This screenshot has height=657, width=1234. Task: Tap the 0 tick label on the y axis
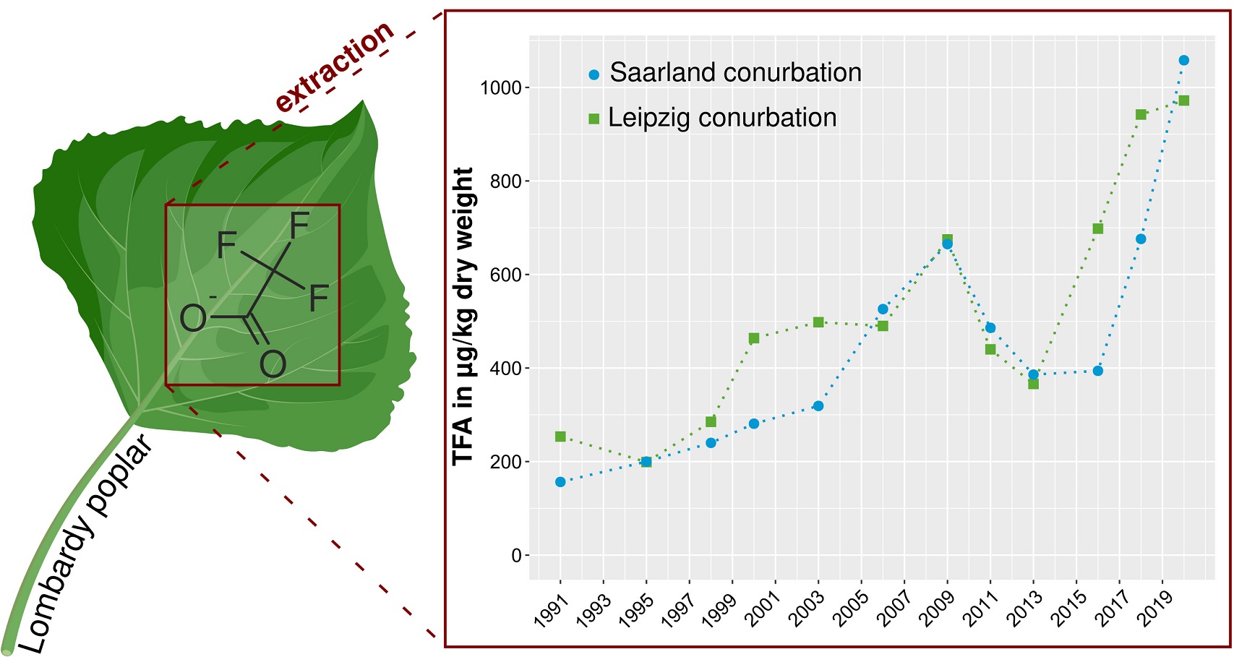click(x=516, y=556)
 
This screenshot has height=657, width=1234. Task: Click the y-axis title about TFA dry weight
click(x=463, y=317)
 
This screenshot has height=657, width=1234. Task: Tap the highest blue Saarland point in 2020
click(x=1183, y=61)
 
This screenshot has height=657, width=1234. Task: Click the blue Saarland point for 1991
click(x=560, y=482)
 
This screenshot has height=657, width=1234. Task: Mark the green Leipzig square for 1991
click(x=560, y=437)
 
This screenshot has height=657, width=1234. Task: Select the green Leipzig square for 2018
click(x=1141, y=115)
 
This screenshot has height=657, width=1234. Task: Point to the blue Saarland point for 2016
click(x=1098, y=371)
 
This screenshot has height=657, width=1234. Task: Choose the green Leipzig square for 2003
click(x=818, y=322)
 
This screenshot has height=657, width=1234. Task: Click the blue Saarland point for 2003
click(x=818, y=406)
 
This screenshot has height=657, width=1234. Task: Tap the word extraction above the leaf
click(x=335, y=66)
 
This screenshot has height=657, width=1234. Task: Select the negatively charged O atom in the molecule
click(x=193, y=317)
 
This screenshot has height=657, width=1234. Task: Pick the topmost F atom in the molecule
click(x=299, y=226)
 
